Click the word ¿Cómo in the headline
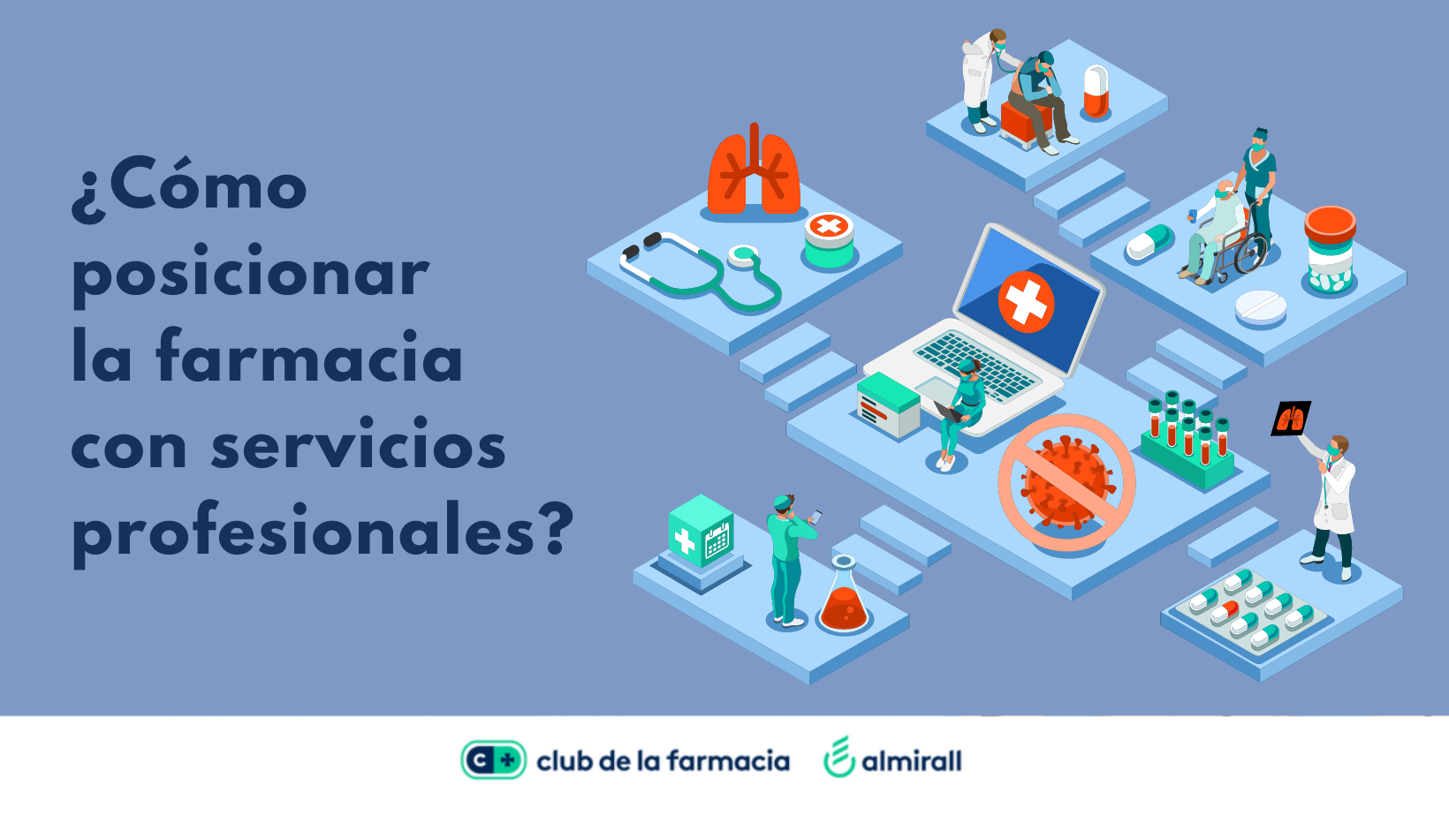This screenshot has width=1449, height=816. click(189, 187)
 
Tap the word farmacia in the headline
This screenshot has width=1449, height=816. click(309, 357)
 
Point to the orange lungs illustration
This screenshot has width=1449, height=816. click(754, 171)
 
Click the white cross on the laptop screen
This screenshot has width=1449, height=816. click(1026, 302)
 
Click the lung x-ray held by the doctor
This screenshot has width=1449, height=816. click(1291, 419)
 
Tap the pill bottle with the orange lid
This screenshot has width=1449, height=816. click(1330, 250)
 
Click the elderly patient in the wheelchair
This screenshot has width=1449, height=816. click(1216, 233)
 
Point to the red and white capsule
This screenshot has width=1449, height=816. click(1096, 92)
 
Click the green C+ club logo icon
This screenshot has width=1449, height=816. click(493, 759)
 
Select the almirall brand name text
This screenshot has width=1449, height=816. click(912, 761)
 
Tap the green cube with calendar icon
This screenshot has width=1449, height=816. click(702, 531)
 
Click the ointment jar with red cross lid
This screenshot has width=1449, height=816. click(830, 240)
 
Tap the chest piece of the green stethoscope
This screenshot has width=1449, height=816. click(742, 255)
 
